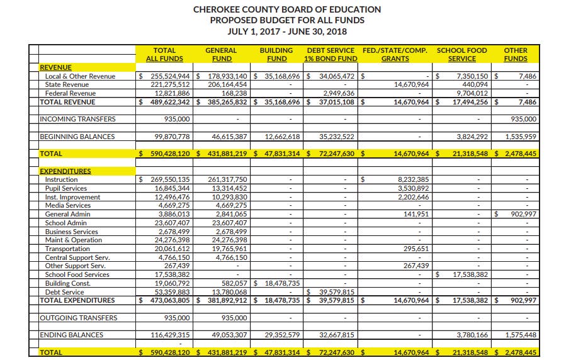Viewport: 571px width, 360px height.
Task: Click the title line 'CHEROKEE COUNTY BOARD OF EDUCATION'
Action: (x=286, y=9)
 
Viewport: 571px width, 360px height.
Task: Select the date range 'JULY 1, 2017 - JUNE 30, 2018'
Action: (x=286, y=31)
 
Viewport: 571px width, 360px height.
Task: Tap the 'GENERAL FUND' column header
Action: (x=221, y=54)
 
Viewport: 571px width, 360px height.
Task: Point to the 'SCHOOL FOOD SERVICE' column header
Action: (x=462, y=54)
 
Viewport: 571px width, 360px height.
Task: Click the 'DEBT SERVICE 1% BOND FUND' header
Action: (x=331, y=54)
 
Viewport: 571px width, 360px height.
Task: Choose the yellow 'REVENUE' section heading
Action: (x=55, y=67)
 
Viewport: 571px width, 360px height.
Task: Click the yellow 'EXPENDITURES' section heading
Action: (x=65, y=171)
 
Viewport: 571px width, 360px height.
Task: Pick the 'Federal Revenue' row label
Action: (x=71, y=93)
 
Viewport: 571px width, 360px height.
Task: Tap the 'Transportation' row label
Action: (x=67, y=249)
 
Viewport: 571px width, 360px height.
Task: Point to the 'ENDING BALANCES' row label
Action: (x=71, y=335)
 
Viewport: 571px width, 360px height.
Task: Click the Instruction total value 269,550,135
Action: (x=167, y=179)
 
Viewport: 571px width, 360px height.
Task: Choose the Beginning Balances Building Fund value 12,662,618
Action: (x=279, y=136)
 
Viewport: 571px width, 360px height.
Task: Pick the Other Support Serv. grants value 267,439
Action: (x=414, y=266)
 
